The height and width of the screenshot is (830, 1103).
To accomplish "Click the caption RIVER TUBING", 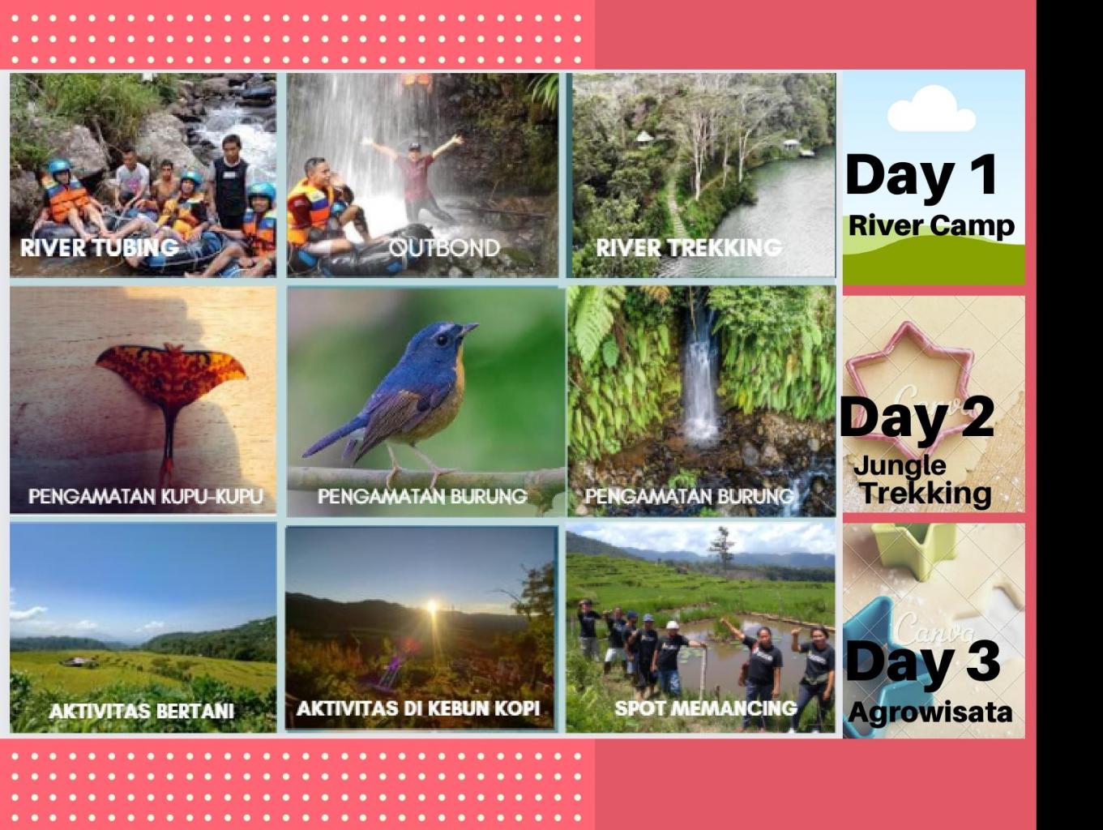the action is pyautogui.click(x=100, y=248).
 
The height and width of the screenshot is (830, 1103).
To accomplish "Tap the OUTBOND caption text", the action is pyautogui.click(x=444, y=248).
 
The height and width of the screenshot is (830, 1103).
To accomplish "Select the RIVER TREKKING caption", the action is pyautogui.click(x=688, y=248).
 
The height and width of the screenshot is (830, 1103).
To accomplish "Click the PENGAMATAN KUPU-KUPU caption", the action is pyautogui.click(x=145, y=496).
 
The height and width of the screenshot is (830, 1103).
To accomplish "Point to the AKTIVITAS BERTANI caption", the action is pyautogui.click(x=142, y=711).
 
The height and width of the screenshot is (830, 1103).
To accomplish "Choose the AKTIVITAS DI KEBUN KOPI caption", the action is pyautogui.click(x=418, y=708).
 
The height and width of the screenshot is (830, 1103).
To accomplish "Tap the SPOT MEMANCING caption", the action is pyautogui.click(x=706, y=708).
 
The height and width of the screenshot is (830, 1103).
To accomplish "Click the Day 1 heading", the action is pyautogui.click(x=921, y=175).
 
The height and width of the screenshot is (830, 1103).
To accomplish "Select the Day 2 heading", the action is pyautogui.click(x=917, y=417).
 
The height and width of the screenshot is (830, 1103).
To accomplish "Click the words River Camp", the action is pyautogui.click(x=931, y=225).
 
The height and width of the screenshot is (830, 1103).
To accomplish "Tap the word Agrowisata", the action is pyautogui.click(x=930, y=712).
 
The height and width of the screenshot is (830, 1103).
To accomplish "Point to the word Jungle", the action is pyautogui.click(x=900, y=467).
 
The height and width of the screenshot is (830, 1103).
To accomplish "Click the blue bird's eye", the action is pyautogui.click(x=442, y=340).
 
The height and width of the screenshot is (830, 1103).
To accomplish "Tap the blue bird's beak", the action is pyautogui.click(x=468, y=329).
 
